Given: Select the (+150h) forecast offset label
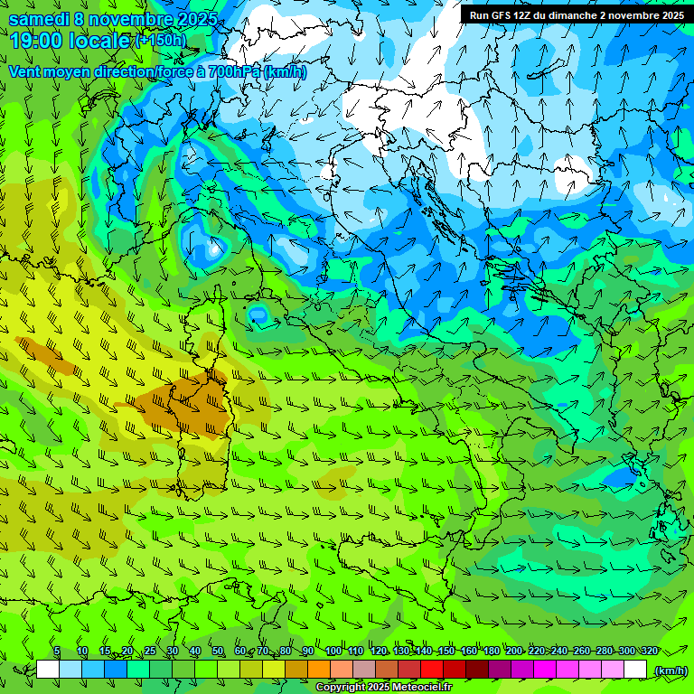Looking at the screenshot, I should click(x=160, y=40).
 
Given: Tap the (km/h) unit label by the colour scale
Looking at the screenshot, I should click(x=671, y=671).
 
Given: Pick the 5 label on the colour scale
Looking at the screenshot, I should click(x=57, y=652).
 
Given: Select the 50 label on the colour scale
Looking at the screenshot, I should click(x=218, y=652).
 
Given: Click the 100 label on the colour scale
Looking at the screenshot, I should click(x=333, y=652).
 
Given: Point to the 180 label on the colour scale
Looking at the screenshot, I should click(x=491, y=652).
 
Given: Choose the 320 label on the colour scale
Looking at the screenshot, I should click(x=649, y=652).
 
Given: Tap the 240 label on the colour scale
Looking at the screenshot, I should click(x=558, y=652).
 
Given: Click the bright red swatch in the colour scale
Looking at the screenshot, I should click(x=432, y=670).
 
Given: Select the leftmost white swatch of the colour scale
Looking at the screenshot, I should click(x=48, y=670).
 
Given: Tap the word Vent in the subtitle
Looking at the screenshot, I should click(x=26, y=71).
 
